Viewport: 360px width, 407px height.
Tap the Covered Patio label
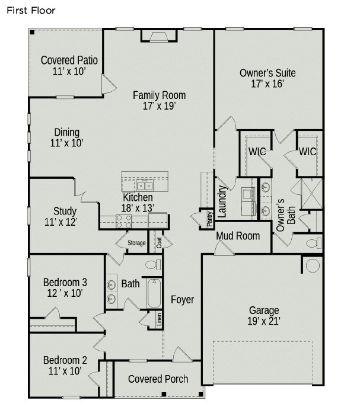pos(69,60)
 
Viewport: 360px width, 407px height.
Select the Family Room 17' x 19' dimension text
pos(159,107)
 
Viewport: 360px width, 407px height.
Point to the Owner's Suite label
pos(267,73)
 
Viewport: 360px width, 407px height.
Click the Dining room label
pos(66,132)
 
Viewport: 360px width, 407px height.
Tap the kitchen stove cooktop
pos(123,221)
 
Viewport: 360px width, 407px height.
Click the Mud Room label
pos(237,236)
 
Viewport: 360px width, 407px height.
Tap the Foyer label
pos(182,300)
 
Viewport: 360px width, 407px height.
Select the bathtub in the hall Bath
pos(154,293)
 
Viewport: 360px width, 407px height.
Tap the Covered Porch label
pos(158,379)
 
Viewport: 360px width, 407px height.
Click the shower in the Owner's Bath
pos(311,193)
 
